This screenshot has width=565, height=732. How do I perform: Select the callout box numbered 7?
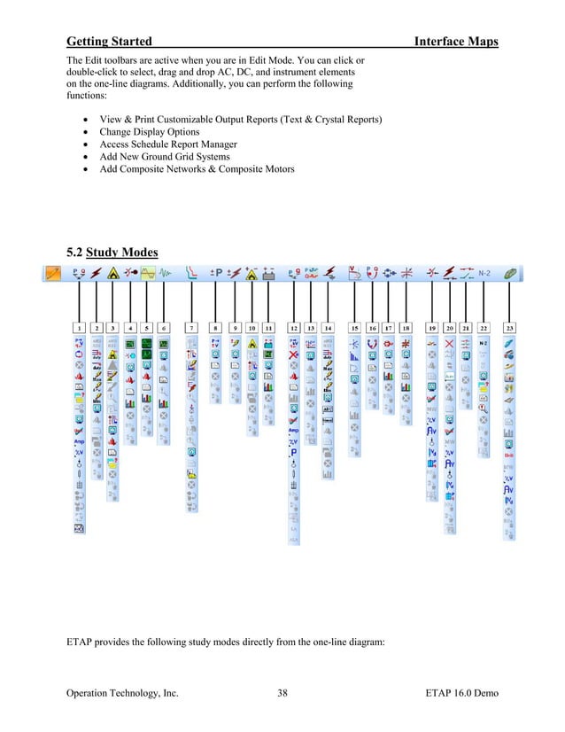click(x=190, y=327)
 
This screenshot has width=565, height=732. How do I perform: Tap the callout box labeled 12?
click(x=293, y=327)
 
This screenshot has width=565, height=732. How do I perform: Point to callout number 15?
click(x=354, y=327)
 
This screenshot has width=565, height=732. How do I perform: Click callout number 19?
click(x=432, y=327)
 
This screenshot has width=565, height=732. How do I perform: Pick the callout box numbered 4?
click(x=130, y=327)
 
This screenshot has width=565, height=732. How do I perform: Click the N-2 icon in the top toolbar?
click(x=484, y=274)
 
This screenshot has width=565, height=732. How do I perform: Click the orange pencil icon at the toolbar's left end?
click(x=51, y=274)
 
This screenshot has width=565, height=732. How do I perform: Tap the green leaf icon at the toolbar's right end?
click(x=511, y=274)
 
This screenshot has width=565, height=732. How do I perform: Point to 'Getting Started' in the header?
click(x=109, y=42)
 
